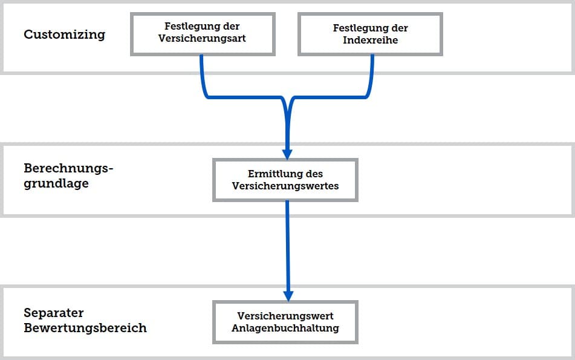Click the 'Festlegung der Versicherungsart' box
[203, 34]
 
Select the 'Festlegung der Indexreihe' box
[371, 34]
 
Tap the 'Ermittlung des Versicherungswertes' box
[285, 180]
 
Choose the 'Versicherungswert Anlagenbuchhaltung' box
[285, 322]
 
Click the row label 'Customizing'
[65, 34]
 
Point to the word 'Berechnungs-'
[68, 168]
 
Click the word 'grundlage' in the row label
[56, 183]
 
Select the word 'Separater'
[54, 313]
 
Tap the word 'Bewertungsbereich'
[85, 328]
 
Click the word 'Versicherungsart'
[202, 39]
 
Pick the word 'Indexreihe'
[371, 40]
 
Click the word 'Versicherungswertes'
[285, 186]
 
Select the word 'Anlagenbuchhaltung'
[285, 328]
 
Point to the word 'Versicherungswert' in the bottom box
[285, 316]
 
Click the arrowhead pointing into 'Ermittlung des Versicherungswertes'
[287, 154]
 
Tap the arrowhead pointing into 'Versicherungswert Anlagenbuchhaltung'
[288, 296]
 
